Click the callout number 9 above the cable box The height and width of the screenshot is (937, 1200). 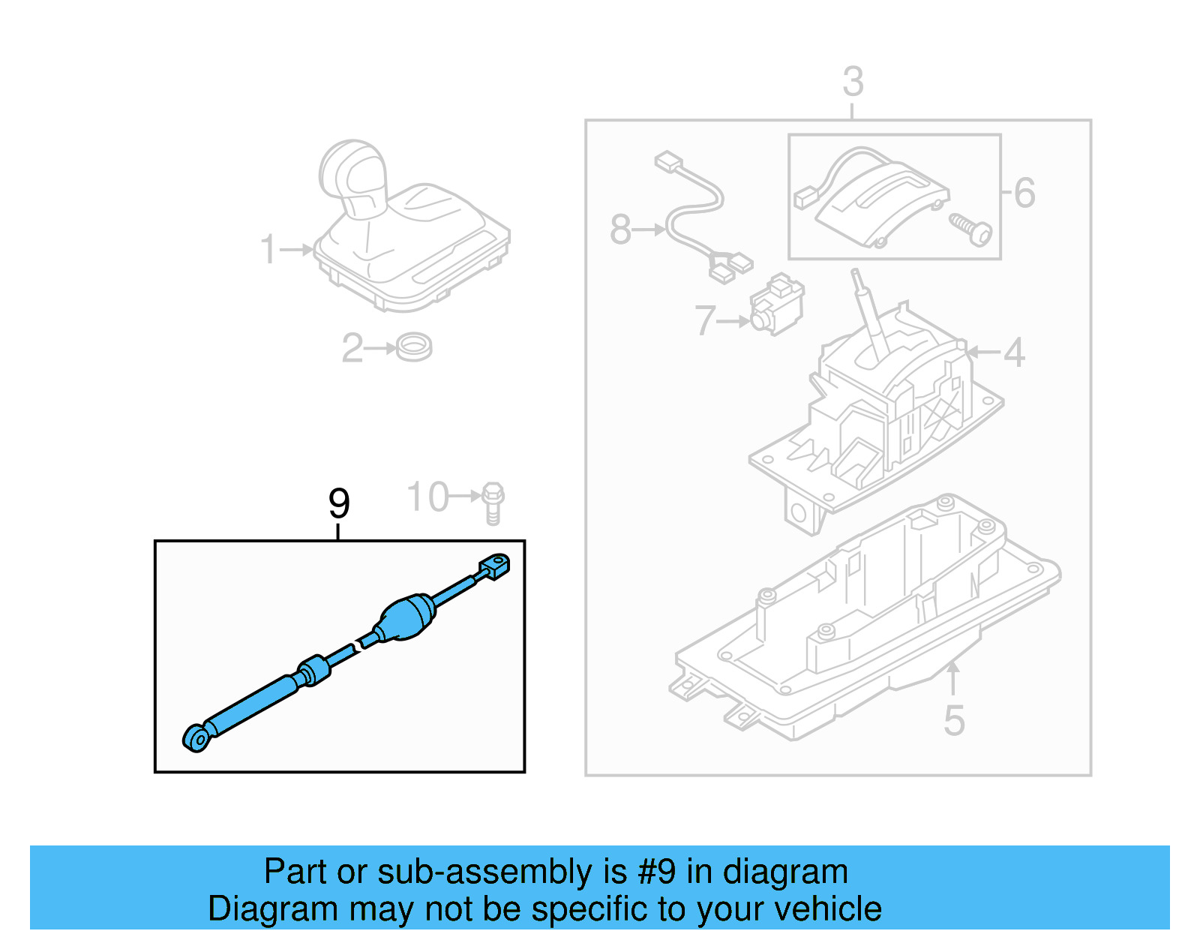339,503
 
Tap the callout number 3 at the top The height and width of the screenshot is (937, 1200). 853,81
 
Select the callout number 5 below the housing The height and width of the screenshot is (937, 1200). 953,721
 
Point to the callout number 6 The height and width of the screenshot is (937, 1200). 1024,193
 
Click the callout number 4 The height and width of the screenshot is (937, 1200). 1014,352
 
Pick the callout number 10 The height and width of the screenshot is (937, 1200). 427,497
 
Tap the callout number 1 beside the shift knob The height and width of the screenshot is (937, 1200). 268,250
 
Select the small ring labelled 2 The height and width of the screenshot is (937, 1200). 414,347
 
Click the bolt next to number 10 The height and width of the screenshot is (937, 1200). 493,502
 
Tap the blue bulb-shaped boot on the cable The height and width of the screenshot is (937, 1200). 408,617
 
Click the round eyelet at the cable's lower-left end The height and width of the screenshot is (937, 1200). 196,738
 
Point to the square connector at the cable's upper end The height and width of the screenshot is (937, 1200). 495,566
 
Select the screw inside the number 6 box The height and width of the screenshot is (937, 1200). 971,229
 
